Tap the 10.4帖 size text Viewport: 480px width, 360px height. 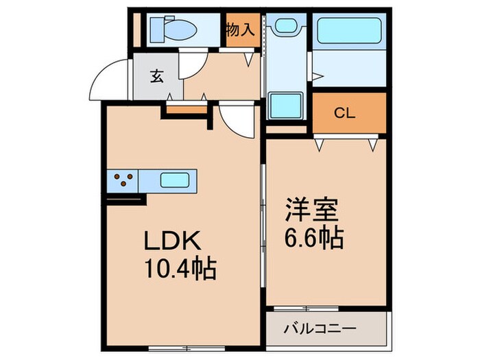point(180,268)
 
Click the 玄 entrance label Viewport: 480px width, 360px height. point(157,76)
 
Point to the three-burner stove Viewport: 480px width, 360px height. point(123,181)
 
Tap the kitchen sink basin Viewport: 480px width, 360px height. point(176,181)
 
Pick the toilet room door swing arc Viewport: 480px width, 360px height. point(191,67)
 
